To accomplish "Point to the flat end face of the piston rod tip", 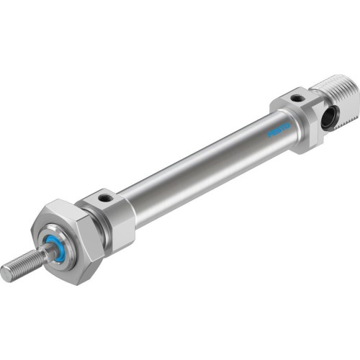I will tap(6, 273).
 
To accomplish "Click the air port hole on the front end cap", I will tap(105, 197).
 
